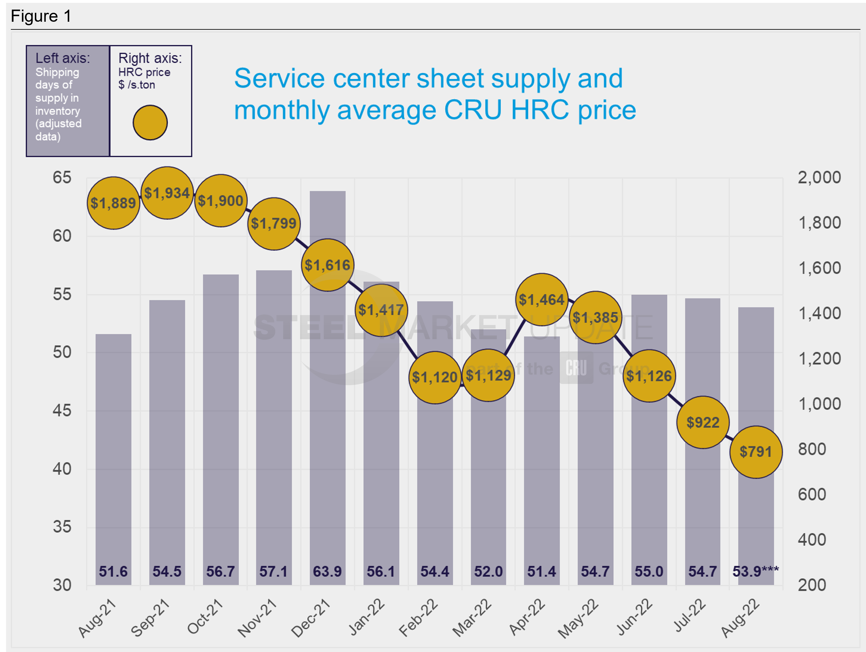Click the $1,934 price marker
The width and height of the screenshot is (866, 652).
point(167,193)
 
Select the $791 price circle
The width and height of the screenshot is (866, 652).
point(756,452)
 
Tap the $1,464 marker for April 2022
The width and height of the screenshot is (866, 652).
point(542,300)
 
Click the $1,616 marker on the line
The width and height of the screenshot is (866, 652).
point(328,265)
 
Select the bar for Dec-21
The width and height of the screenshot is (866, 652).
point(328,431)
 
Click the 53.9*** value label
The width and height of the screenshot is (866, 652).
point(755,571)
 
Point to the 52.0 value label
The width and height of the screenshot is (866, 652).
point(488,571)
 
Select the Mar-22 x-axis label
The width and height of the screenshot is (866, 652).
point(472,617)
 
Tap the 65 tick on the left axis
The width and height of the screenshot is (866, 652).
point(62,178)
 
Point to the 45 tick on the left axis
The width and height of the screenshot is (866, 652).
point(62,410)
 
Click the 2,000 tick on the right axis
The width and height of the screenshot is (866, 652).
point(819,178)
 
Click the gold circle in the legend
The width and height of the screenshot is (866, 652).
point(150,122)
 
